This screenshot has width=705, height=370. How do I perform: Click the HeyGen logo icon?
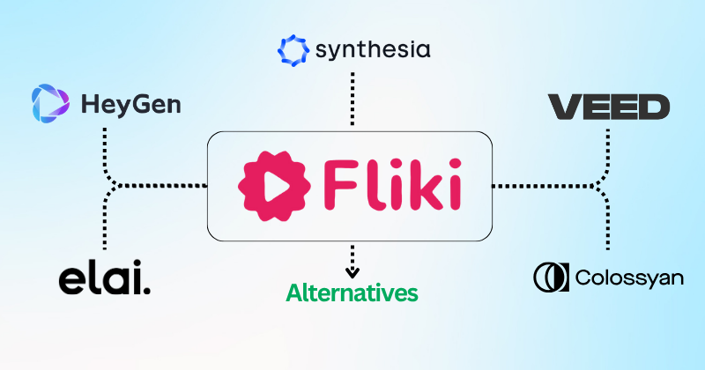48,104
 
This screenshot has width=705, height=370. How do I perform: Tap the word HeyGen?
130,106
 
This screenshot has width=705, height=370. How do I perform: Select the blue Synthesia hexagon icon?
293,50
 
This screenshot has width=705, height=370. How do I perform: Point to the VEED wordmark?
609,107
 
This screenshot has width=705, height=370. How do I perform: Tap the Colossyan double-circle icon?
551,277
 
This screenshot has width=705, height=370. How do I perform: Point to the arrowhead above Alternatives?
352,271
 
